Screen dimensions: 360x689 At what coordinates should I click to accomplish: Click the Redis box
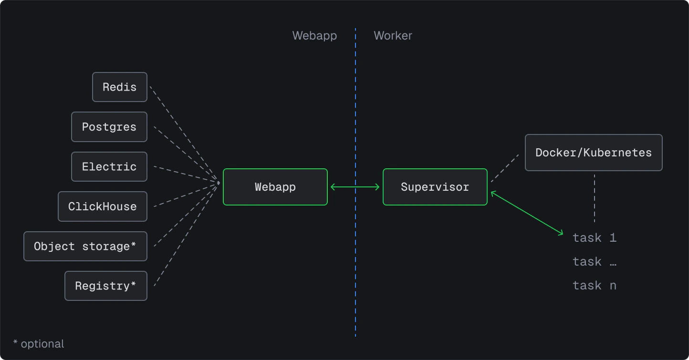point(120,87)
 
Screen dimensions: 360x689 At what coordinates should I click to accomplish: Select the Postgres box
point(109,127)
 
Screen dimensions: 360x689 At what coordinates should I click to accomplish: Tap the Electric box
point(109,167)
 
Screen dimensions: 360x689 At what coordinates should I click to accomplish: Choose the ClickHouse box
point(103,206)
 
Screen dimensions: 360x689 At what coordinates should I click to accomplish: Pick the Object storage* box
point(85,247)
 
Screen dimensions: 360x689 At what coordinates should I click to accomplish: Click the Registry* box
point(106,286)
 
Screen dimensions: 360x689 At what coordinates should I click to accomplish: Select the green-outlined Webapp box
point(275,187)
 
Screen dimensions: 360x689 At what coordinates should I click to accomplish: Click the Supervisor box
point(435,187)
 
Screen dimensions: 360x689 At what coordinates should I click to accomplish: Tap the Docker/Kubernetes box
point(594,153)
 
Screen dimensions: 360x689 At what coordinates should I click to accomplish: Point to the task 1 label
point(595,237)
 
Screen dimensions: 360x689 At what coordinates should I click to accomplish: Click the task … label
point(595,261)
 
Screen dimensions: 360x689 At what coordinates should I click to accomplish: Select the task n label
point(595,285)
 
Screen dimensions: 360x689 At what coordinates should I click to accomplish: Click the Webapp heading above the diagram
point(314,36)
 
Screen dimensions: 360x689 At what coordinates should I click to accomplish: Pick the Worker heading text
point(393,36)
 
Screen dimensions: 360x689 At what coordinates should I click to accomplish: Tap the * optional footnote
point(38,344)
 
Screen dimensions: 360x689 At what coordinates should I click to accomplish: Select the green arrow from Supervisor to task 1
point(527,213)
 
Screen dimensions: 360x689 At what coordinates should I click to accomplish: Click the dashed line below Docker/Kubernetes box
point(594,198)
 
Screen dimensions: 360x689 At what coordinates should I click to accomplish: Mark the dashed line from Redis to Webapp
point(184,134)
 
